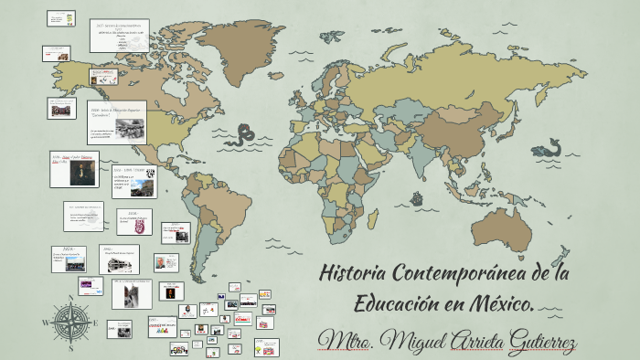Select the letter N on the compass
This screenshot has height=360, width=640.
pyautogui.click(x=70, y=296)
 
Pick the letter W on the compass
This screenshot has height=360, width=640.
pyautogui.click(x=45, y=323)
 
